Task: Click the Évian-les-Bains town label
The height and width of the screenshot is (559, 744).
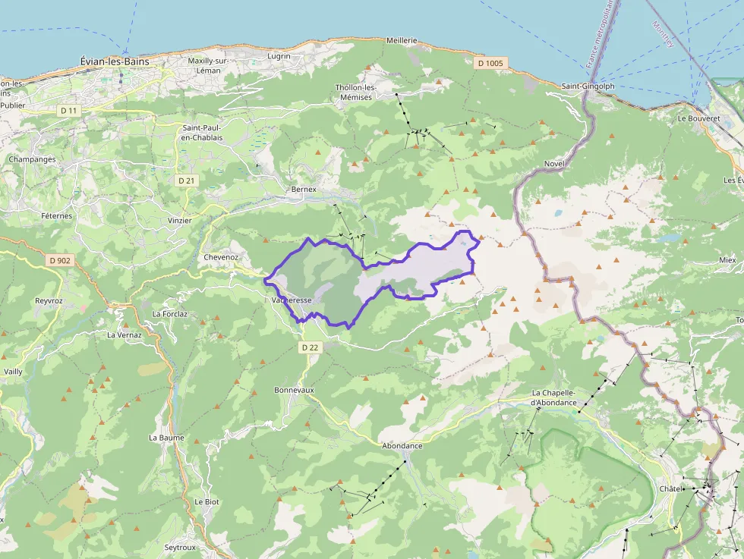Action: (x=115, y=61)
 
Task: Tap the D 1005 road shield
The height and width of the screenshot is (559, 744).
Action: (x=490, y=63)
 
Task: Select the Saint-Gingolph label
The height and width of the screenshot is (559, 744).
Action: (x=588, y=86)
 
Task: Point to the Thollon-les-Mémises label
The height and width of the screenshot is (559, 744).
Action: (x=355, y=92)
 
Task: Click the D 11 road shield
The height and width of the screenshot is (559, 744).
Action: (x=69, y=111)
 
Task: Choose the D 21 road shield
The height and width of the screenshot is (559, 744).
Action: (x=185, y=181)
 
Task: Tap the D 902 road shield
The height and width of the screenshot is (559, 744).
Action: (x=59, y=260)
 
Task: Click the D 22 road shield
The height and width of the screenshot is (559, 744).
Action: (x=310, y=347)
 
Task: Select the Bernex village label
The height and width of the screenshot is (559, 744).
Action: (x=304, y=189)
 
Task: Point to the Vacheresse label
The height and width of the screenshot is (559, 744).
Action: (x=292, y=301)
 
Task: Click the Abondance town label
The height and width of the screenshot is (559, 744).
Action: (x=402, y=446)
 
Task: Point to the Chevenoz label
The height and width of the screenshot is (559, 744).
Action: (x=222, y=257)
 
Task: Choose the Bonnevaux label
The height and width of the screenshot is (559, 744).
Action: (x=294, y=390)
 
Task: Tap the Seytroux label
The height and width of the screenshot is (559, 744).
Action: (x=181, y=547)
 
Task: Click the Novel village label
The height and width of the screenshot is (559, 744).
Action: (x=555, y=165)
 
